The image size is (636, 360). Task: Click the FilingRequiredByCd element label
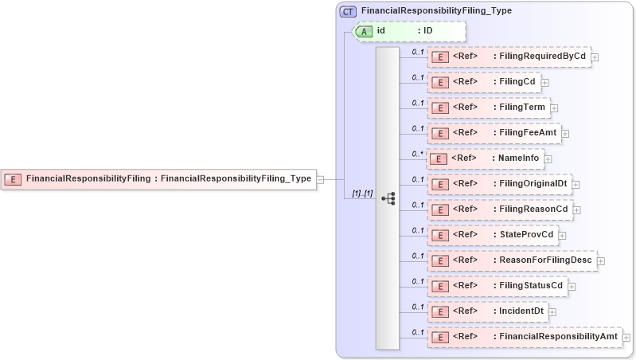point(541,57)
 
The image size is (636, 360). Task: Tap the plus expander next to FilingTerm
point(554,108)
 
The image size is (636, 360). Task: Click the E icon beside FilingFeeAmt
point(439,133)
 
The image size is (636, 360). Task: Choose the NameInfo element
point(486,158)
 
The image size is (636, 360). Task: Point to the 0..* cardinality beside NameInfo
point(417,153)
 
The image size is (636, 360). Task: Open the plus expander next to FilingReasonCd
point(577,209)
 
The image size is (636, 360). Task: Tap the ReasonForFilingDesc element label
point(548,260)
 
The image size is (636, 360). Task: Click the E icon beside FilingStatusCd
point(439,286)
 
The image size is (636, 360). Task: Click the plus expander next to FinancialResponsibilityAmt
point(626,337)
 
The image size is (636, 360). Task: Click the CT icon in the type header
point(347,11)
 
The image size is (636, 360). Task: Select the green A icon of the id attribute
point(364,31)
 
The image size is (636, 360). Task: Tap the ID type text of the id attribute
point(427,31)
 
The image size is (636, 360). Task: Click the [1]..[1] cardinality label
point(362,194)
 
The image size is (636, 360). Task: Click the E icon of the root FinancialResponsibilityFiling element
point(14,178)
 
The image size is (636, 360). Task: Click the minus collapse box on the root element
point(320,178)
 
